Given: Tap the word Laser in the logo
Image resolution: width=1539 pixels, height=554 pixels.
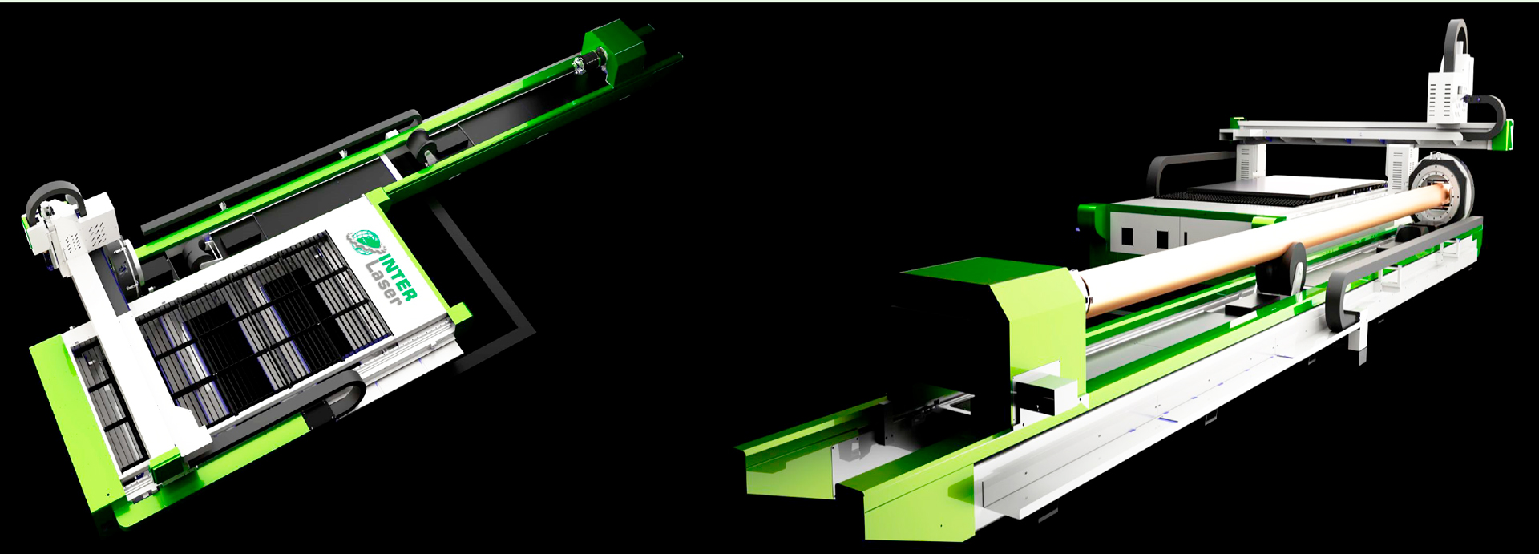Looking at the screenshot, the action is click(382, 281).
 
